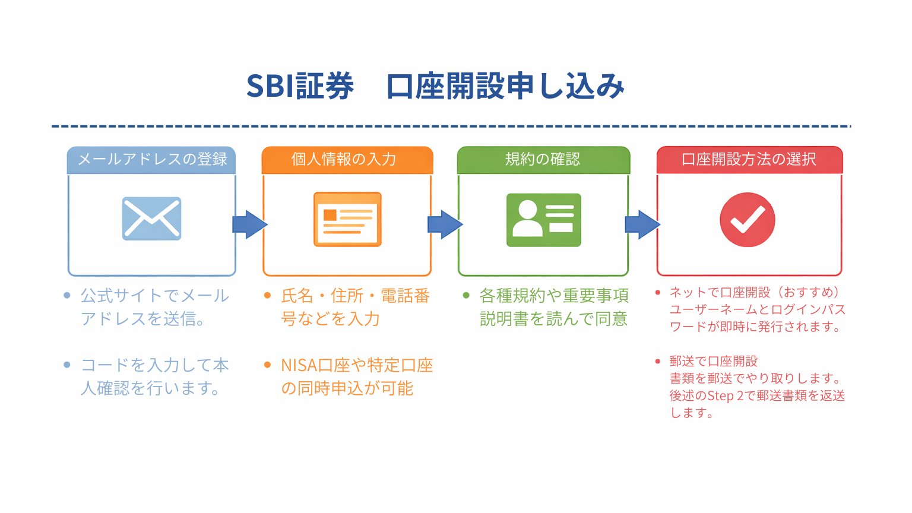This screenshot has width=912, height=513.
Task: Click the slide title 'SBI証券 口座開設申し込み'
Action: [435, 86]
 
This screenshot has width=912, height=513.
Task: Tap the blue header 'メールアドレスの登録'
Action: [151, 160]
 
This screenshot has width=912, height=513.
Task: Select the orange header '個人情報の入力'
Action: [347, 160]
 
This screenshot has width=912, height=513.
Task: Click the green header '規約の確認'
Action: [543, 160]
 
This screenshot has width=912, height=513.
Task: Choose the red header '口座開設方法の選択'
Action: [749, 160]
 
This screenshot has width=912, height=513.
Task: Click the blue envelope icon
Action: [151, 218]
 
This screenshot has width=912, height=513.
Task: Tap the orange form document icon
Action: [347, 220]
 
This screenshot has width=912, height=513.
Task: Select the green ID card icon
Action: [543, 220]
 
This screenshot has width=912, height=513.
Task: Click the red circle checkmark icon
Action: [748, 220]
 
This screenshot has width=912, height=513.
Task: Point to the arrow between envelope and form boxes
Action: [249, 224]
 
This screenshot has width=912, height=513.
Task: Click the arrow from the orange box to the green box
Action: [445, 224]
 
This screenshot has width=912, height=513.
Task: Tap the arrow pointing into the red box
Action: [642, 224]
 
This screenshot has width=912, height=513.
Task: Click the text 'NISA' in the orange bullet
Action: [299, 366]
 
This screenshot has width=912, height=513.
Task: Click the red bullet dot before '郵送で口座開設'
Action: [657, 361]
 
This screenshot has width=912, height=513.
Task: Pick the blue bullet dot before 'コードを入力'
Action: [67, 365]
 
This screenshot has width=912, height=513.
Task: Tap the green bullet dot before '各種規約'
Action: [466, 295]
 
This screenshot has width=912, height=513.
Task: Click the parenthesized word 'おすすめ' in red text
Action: [809, 292]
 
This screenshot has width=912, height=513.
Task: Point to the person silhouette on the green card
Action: [528, 218]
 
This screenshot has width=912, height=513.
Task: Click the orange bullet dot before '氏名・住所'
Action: [268, 295]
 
